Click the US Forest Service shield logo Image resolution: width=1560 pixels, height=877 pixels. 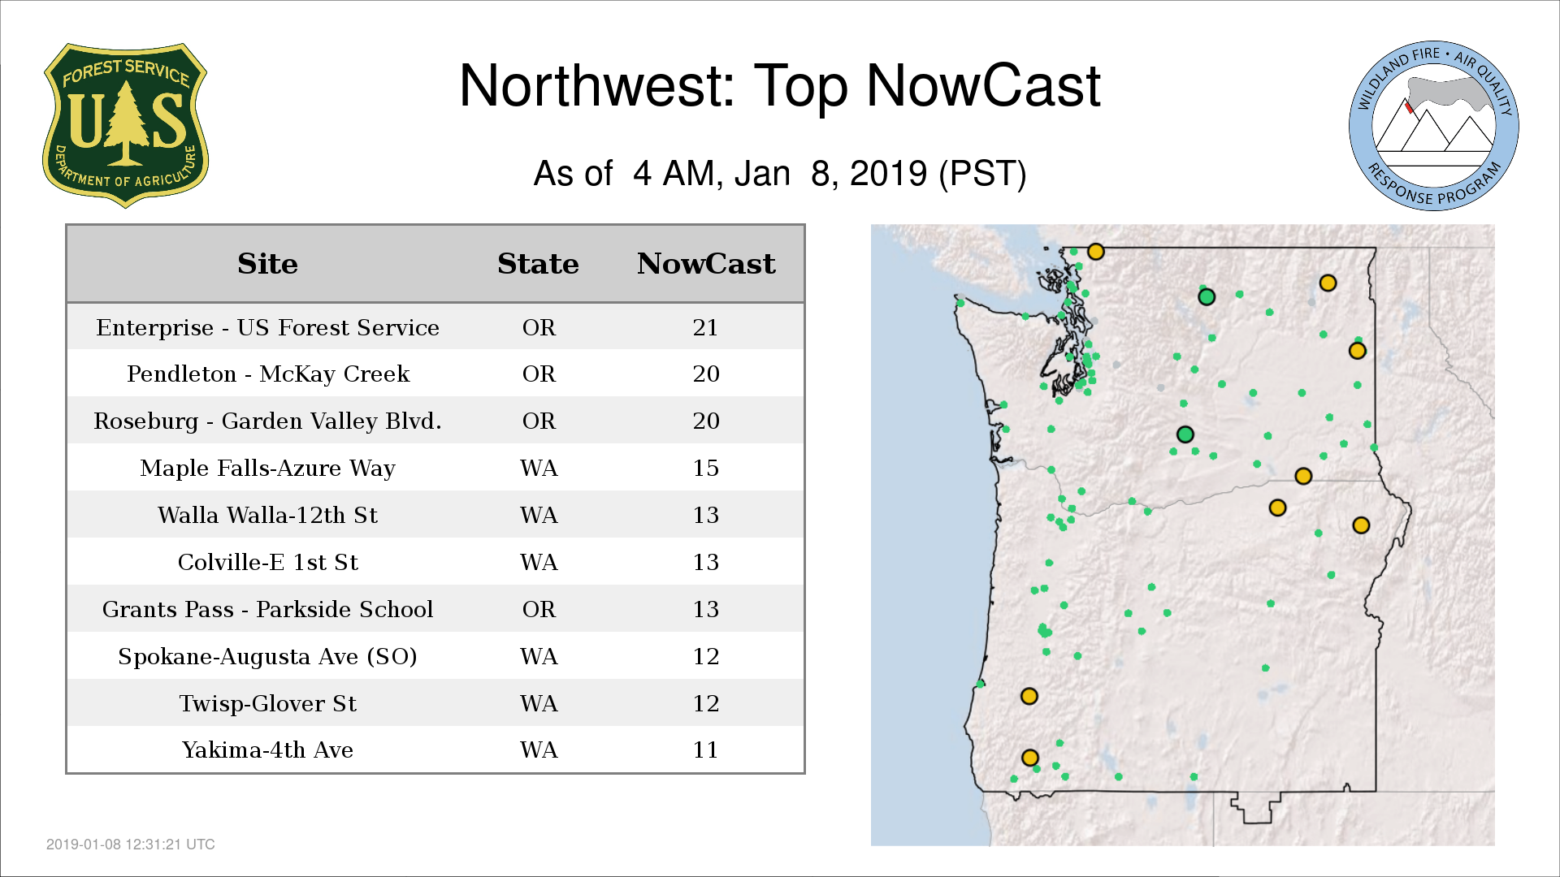(125, 126)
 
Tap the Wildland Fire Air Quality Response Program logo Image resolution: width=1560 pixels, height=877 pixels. (1434, 126)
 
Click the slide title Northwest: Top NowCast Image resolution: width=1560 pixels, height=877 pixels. (779, 86)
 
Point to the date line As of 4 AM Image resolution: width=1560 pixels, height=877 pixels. (780, 174)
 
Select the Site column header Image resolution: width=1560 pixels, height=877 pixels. (267, 264)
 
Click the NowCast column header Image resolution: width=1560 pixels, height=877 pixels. (706, 264)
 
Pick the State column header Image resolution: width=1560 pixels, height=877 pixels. (538, 264)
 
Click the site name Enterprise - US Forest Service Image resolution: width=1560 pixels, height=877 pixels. (267, 327)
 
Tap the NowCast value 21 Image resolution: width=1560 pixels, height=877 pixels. (705, 327)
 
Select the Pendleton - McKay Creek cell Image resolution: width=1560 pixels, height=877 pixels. (268, 374)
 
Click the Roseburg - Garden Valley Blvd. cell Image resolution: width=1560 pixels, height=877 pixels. (267, 421)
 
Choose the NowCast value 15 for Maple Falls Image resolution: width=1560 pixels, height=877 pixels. (705, 468)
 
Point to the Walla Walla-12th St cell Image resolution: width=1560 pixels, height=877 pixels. (267, 515)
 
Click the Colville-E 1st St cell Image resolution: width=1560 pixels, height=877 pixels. (267, 562)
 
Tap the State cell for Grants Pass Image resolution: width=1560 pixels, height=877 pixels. (539, 609)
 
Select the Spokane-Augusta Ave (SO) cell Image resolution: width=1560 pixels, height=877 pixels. (267, 656)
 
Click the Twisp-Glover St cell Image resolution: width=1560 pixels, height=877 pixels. (267, 703)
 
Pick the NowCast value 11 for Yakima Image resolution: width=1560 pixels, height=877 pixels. (705, 750)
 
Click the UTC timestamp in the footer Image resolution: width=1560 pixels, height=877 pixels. (130, 845)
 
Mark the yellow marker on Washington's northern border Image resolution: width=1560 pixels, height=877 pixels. (1095, 252)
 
